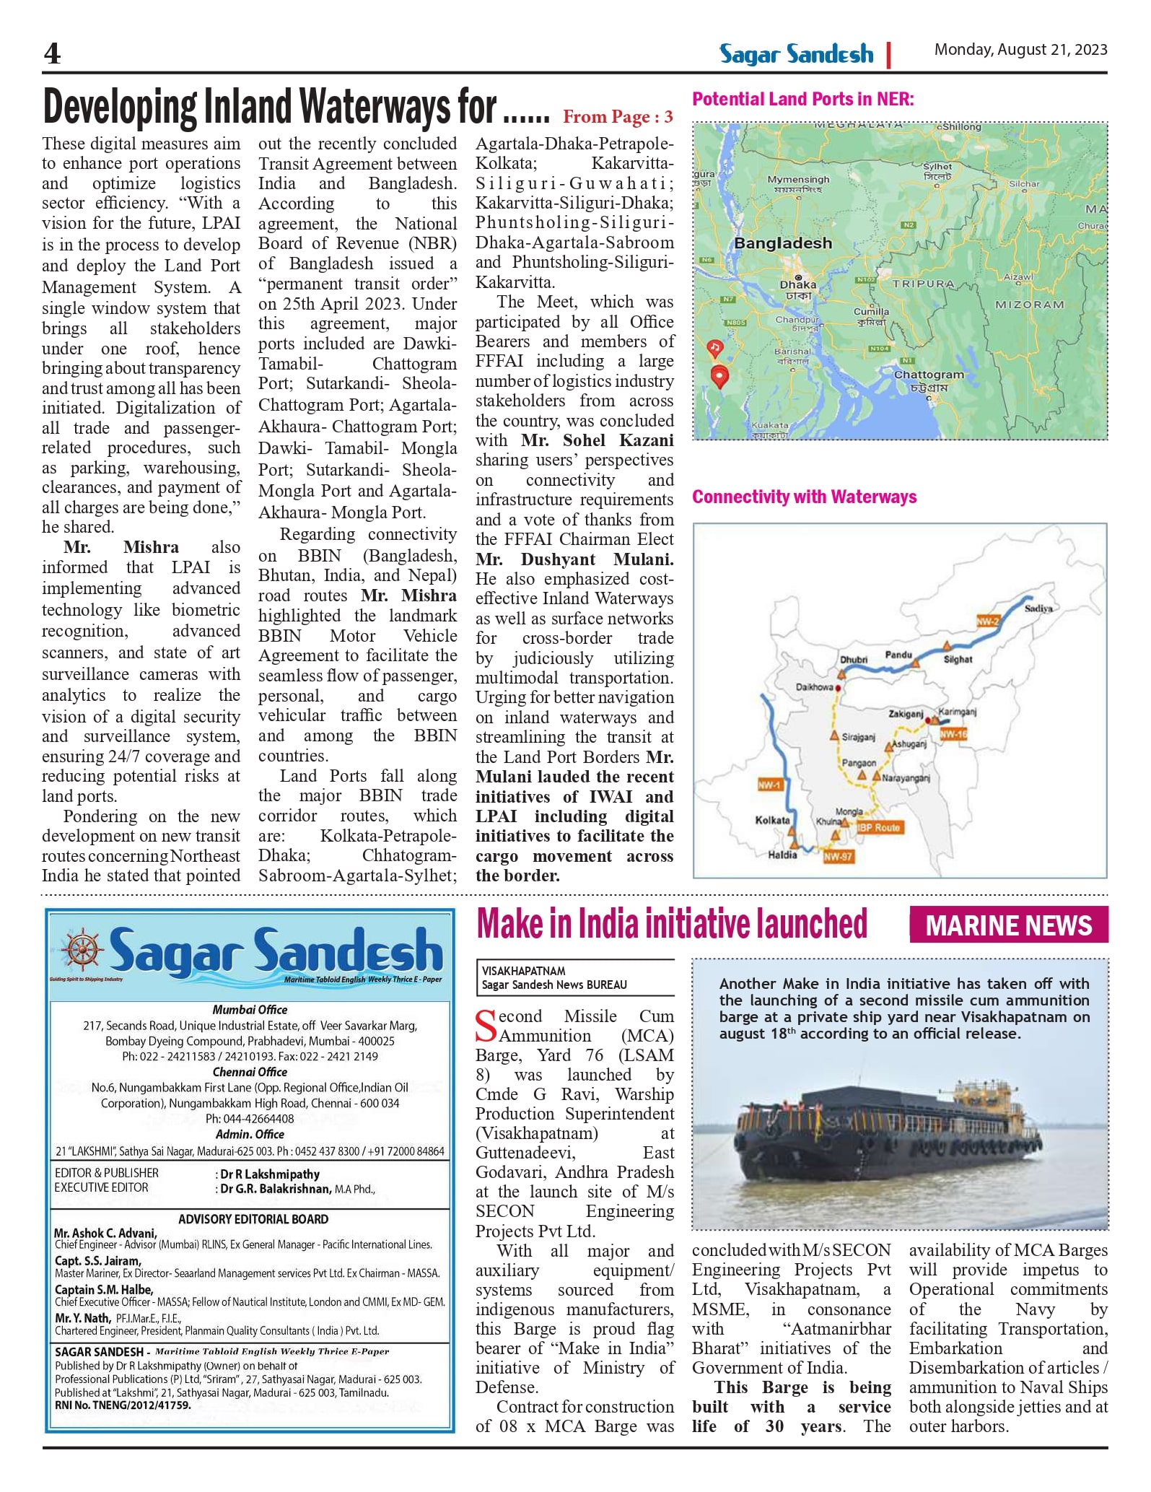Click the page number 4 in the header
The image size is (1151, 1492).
53,53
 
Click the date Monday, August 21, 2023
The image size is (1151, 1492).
1020,50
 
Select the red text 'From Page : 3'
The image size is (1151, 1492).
618,117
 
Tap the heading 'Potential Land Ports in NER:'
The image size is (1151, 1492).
802,100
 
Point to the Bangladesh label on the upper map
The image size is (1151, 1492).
782,243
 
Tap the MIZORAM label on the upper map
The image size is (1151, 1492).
1029,305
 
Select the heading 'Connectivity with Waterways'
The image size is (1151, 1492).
804,497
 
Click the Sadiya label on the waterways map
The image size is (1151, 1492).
1038,608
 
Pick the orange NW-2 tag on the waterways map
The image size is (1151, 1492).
987,621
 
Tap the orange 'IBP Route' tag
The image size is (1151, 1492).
878,827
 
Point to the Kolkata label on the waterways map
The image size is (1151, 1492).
771,820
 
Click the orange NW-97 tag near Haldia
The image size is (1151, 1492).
838,856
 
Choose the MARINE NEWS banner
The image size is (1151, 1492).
1008,925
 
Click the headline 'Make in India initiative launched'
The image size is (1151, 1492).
671,924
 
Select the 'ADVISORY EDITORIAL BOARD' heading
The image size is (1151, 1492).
253,1219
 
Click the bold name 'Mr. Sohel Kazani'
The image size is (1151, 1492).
597,440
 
